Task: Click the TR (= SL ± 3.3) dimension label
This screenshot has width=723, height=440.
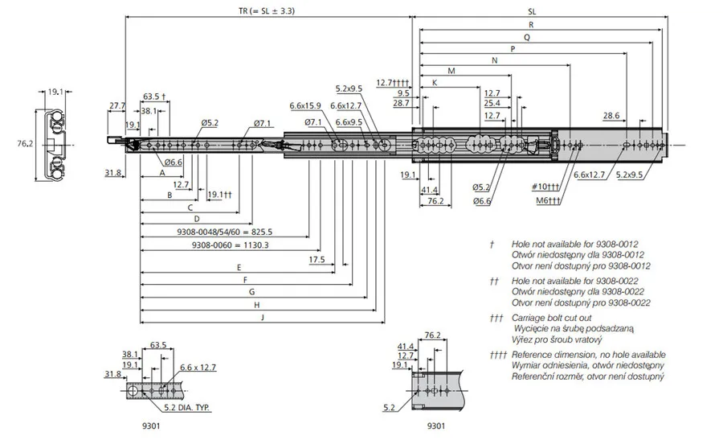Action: (x=267, y=10)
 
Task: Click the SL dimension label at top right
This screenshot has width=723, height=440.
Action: (x=532, y=11)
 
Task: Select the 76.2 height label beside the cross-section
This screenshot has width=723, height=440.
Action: (x=25, y=144)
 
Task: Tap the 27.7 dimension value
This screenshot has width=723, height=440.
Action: (x=117, y=105)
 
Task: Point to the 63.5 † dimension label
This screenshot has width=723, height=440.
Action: (x=154, y=97)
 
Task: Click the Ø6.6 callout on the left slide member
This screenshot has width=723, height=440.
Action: (x=174, y=162)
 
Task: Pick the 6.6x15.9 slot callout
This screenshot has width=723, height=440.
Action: (x=305, y=105)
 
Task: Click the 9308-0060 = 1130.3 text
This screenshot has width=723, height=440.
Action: (x=230, y=245)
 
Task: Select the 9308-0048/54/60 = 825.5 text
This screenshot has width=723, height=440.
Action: (x=225, y=232)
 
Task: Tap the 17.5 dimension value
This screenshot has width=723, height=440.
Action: (x=317, y=260)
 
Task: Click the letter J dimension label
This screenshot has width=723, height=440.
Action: (x=263, y=317)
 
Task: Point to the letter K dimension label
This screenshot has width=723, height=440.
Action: (x=435, y=83)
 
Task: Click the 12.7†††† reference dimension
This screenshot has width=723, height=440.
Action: (x=393, y=83)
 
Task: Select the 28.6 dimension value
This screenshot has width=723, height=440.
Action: (x=611, y=115)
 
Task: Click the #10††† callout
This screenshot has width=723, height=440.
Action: (x=545, y=187)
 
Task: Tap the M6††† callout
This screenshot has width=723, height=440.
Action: (x=549, y=200)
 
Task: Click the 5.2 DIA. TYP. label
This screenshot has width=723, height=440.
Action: (x=187, y=408)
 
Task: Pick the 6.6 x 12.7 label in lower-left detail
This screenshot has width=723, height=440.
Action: (x=198, y=368)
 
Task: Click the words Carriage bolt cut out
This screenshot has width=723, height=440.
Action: (x=551, y=318)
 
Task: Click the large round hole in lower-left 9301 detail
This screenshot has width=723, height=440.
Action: (x=133, y=391)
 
